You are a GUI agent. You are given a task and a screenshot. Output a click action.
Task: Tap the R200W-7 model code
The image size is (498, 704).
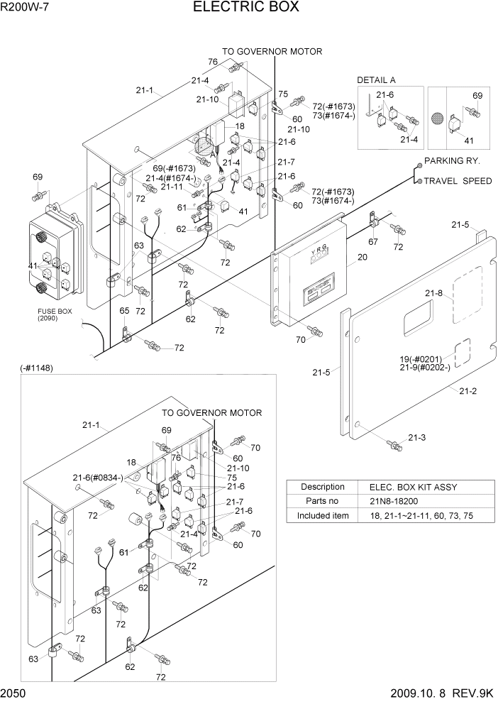[x=24, y=7]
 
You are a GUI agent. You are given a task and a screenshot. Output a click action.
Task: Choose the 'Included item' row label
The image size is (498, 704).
[x=323, y=515]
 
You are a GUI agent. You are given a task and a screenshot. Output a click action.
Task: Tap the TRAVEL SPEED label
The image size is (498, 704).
[x=458, y=181]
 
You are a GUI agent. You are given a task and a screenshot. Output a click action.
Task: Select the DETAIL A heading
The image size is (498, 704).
[x=376, y=80]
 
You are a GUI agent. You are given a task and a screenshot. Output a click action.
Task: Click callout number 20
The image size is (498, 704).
[x=362, y=258]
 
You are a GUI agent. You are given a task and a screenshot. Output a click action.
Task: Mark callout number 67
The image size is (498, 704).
[x=373, y=242]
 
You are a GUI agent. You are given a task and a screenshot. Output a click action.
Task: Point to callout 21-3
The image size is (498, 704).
[x=416, y=437]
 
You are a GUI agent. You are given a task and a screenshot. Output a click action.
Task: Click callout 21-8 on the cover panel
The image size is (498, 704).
[x=434, y=292]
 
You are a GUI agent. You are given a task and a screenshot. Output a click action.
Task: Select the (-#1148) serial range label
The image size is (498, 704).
[x=37, y=368]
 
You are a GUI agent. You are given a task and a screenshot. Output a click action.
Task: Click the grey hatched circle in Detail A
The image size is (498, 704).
[x=438, y=118]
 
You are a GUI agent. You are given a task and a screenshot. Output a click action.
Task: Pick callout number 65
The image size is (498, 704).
[x=124, y=311]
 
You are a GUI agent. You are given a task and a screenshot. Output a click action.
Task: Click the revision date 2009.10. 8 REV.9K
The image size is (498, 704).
[x=441, y=693]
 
